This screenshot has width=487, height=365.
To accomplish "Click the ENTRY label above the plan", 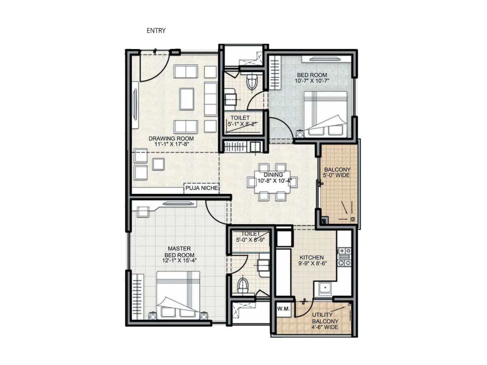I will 156,30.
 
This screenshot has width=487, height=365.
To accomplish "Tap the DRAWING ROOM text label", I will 171,138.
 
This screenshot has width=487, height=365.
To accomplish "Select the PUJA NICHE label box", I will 202,188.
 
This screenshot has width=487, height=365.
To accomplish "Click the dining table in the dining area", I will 273,182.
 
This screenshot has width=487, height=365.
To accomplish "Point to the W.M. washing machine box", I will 283,309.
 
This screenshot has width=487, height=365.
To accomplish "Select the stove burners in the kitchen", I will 345,257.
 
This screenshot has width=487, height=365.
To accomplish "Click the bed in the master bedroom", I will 178,295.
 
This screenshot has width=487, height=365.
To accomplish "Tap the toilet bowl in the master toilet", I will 243,285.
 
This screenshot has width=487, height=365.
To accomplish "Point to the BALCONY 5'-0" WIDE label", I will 337,172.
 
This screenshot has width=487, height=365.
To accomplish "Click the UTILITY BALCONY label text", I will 325,318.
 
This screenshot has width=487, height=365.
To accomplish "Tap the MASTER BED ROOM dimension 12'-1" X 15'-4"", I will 179,261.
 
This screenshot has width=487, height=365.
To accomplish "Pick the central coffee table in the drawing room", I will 187,99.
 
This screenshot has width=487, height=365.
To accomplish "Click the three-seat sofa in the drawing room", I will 210,99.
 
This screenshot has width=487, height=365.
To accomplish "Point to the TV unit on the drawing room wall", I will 135,105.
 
